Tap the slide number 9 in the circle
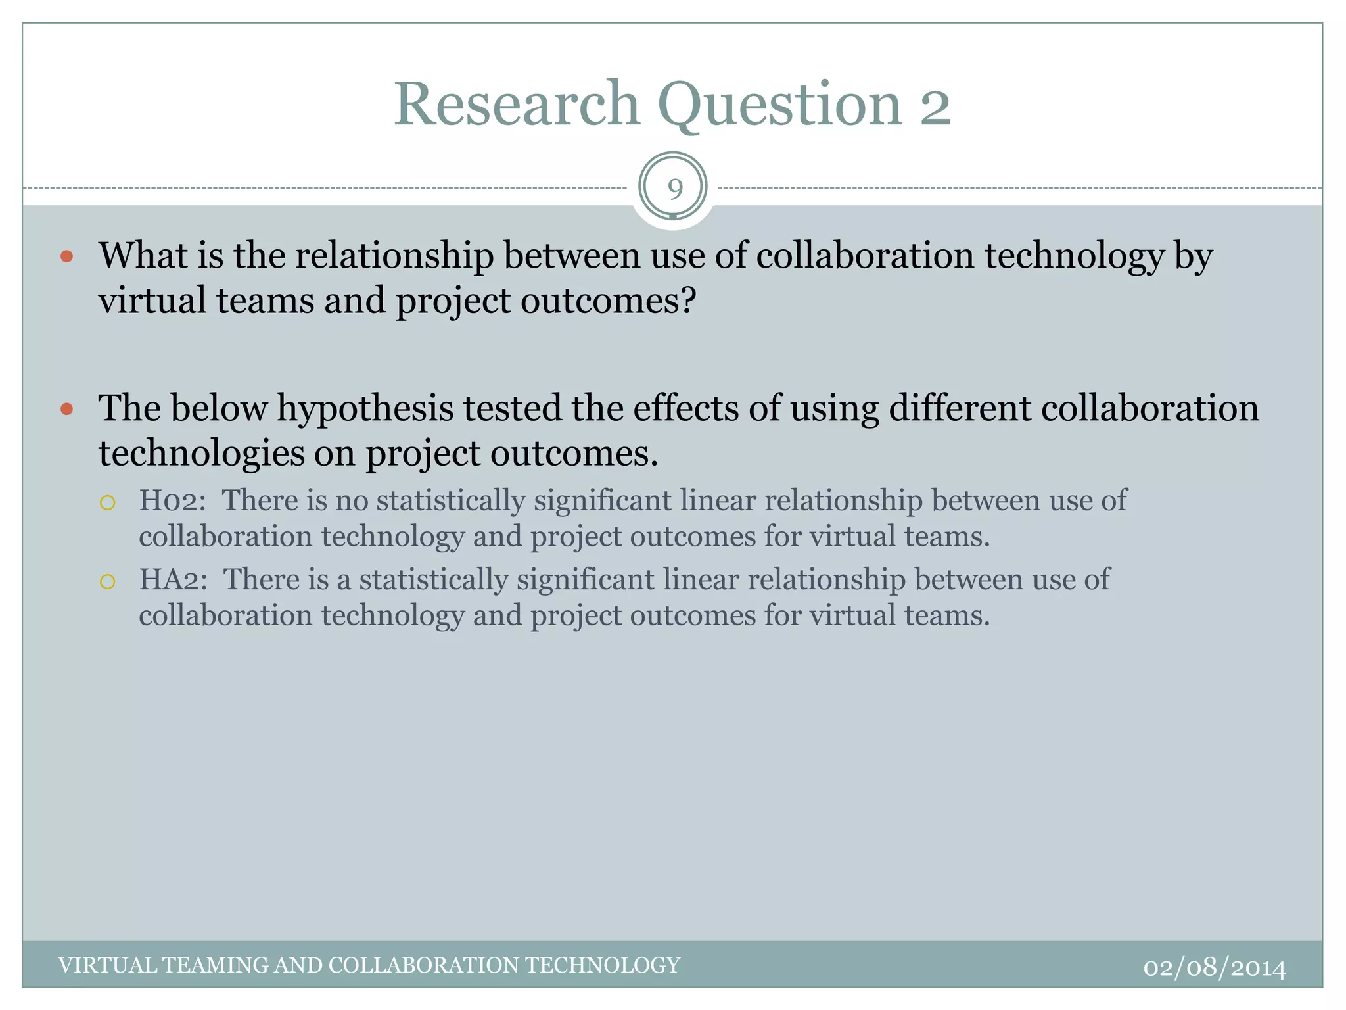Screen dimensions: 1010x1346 (674, 189)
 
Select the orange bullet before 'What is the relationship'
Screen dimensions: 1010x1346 (66, 256)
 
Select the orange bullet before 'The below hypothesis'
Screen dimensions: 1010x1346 (66, 409)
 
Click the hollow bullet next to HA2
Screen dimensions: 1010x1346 (108, 582)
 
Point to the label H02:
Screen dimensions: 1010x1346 (172, 501)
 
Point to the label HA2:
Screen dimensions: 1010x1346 (174, 580)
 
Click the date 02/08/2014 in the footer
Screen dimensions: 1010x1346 (1215, 968)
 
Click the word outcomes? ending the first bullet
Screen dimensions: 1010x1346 (608, 301)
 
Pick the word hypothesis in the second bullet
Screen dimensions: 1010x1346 (365, 409)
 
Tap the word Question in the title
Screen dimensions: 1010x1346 (779, 105)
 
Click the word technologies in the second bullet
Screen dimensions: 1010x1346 (202, 454)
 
